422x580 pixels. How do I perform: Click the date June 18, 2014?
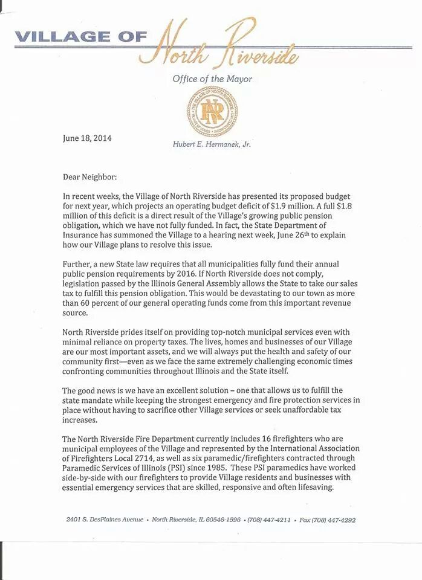pos(87,138)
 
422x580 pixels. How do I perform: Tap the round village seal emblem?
pos(212,112)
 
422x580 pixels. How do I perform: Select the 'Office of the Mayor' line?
pos(212,79)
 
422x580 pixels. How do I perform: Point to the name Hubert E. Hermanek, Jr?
pos(212,145)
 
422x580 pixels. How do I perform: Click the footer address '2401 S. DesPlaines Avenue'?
pos(105,520)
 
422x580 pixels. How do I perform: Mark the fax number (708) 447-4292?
pos(333,520)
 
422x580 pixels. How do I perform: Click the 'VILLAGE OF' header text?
pos(80,37)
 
